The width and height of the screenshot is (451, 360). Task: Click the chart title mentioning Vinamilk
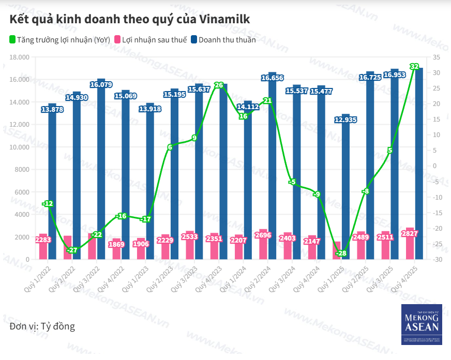click(x=130, y=20)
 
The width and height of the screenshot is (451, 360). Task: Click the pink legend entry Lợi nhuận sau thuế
click(x=151, y=40)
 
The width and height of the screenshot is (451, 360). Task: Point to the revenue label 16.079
click(x=101, y=84)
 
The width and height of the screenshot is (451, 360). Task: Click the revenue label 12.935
click(x=345, y=119)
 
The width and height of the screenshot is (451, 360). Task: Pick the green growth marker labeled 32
click(x=414, y=67)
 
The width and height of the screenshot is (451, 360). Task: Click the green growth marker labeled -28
click(x=340, y=253)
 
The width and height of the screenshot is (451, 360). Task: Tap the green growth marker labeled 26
click(x=219, y=85)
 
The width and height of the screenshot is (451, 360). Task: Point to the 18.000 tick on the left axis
click(x=20, y=57)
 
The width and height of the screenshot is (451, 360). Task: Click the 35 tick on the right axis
click(x=436, y=57)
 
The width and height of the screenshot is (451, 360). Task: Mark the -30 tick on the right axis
click(x=436, y=259)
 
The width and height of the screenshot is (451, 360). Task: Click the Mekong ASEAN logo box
click(x=422, y=324)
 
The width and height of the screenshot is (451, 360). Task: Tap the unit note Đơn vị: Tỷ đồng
click(x=42, y=326)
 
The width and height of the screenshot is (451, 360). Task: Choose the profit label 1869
click(x=116, y=244)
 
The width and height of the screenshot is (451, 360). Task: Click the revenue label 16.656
click(x=272, y=78)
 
